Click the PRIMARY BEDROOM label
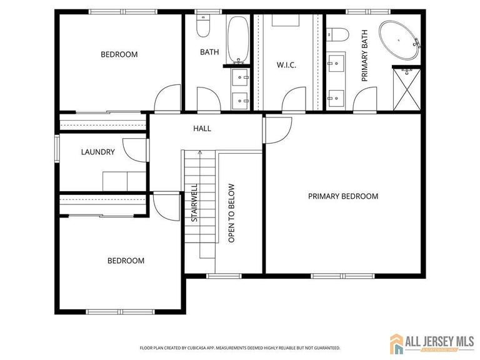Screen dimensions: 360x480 click(x=343, y=196)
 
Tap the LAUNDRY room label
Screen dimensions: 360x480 click(x=98, y=152)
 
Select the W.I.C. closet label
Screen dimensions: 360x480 click(x=286, y=65)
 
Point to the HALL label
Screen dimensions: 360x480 click(x=202, y=129)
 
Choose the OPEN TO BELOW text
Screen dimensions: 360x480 click(x=231, y=212)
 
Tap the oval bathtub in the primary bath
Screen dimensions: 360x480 click(x=399, y=41)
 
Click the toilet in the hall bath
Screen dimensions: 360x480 click(x=202, y=24)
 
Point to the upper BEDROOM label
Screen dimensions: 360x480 click(x=119, y=54)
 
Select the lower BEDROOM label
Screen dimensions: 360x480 click(x=126, y=261)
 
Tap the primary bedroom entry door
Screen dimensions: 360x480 click(x=276, y=129)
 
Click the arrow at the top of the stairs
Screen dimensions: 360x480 click(x=200, y=152)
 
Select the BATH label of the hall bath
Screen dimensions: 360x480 click(x=209, y=52)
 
